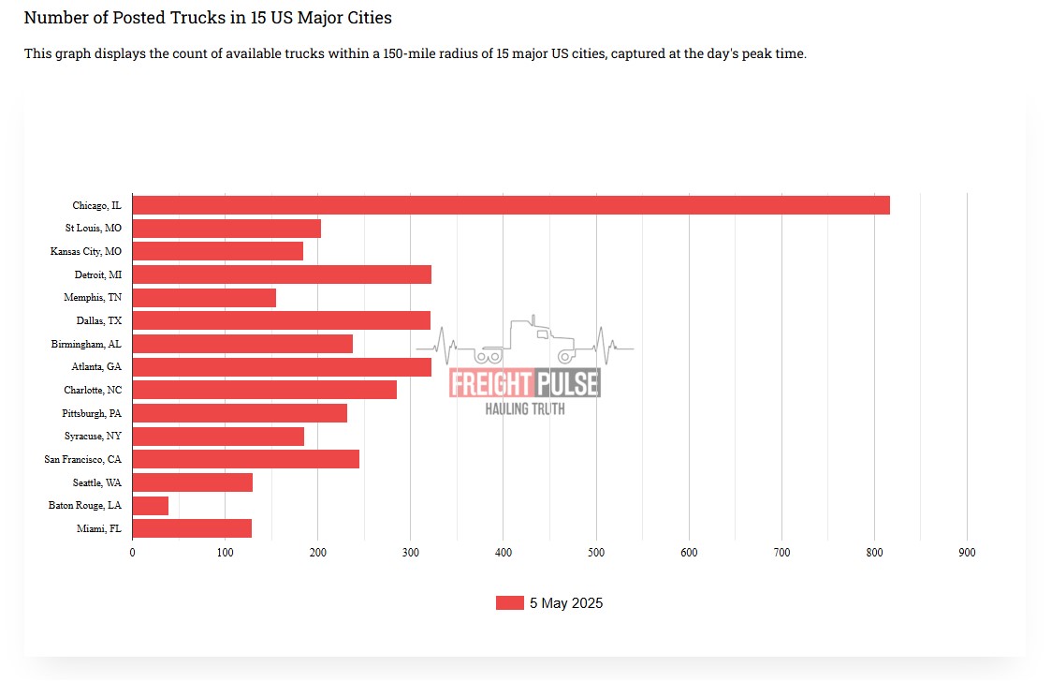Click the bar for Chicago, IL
[510, 205]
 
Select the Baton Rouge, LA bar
[151, 506]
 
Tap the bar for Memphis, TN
[204, 298]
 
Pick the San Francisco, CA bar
[245, 459]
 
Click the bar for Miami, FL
[192, 528]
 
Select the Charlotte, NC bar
[264, 390]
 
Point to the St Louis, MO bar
[226, 229]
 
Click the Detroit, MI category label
[98, 274]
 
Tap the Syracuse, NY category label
[93, 437]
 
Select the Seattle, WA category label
[97, 482]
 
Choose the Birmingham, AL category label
[86, 344]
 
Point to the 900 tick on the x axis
[967, 553]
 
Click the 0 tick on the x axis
[132, 553]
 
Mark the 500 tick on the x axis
[596, 553]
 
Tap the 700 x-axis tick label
[781, 553]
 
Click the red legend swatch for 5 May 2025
[509, 603]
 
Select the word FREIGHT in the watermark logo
[490, 382]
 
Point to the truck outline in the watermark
[528, 342]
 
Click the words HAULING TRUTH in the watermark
[524, 408]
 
